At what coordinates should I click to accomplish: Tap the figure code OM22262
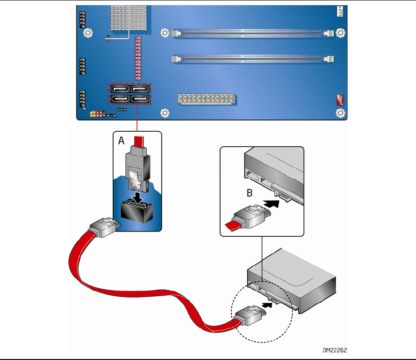[x=335, y=350]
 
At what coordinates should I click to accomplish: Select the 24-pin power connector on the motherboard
[x=206, y=99]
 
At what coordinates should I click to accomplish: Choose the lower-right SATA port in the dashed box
[x=140, y=99]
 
